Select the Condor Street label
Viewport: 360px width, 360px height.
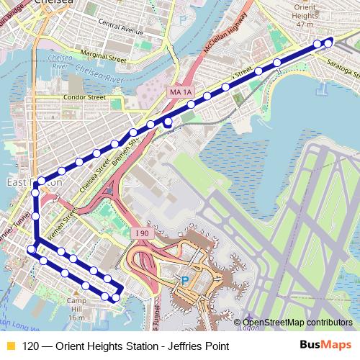pyautogui.click(x=85, y=96)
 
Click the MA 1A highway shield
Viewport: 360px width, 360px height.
pyautogui.click(x=182, y=92)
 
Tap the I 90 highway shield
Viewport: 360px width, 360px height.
pyautogui.click(x=141, y=233)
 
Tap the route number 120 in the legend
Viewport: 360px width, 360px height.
pyautogui.click(x=30, y=346)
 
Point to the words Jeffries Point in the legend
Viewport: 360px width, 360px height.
pyautogui.click(x=198, y=346)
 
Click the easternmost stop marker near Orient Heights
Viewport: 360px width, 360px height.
pyautogui.click(x=329, y=42)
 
